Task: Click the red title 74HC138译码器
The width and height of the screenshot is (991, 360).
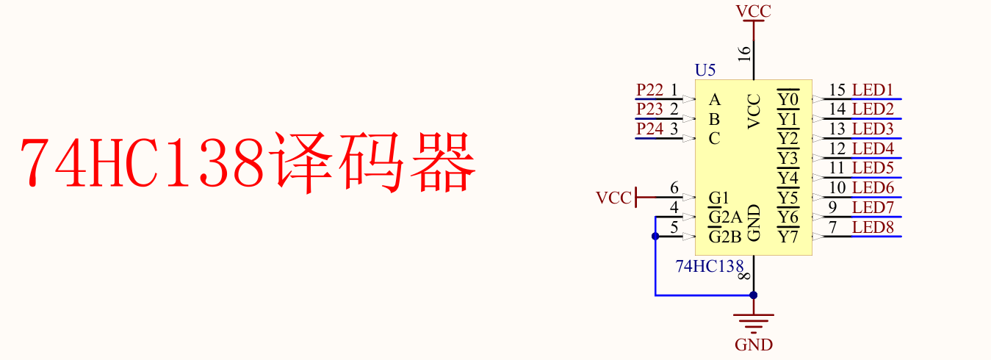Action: pyautogui.click(x=248, y=163)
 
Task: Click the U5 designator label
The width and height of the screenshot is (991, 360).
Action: pyautogui.click(x=704, y=71)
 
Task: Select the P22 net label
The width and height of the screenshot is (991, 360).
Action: pyautogui.click(x=649, y=90)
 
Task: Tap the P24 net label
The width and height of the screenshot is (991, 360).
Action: pyautogui.click(x=649, y=129)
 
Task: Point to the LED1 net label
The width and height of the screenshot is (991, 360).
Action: pyautogui.click(x=873, y=90)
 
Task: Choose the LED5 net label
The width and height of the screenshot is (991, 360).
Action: pyautogui.click(x=873, y=168)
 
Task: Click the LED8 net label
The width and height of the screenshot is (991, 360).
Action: pyautogui.click(x=873, y=227)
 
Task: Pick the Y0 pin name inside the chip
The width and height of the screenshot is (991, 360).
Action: pyautogui.click(x=788, y=99)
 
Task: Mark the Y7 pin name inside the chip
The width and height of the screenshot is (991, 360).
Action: pyautogui.click(x=788, y=237)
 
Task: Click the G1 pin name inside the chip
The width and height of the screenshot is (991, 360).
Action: pyautogui.click(x=718, y=198)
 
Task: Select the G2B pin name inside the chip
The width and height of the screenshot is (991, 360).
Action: pyautogui.click(x=724, y=237)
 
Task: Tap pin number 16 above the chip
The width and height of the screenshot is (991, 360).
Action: pyautogui.click(x=744, y=53)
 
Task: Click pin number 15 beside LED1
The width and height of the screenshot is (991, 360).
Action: pyautogui.click(x=837, y=90)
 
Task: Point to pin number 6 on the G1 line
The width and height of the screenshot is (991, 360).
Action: pyautogui.click(x=674, y=188)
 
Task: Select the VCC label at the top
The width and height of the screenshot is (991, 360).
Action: pyautogui.click(x=753, y=11)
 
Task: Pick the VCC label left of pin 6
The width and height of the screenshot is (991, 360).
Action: pyautogui.click(x=613, y=198)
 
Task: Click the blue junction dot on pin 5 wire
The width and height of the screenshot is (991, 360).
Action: pyautogui.click(x=655, y=237)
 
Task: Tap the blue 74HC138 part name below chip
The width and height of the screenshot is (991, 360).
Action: pyautogui.click(x=710, y=267)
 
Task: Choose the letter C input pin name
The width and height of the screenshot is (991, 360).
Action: pyautogui.click(x=714, y=138)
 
